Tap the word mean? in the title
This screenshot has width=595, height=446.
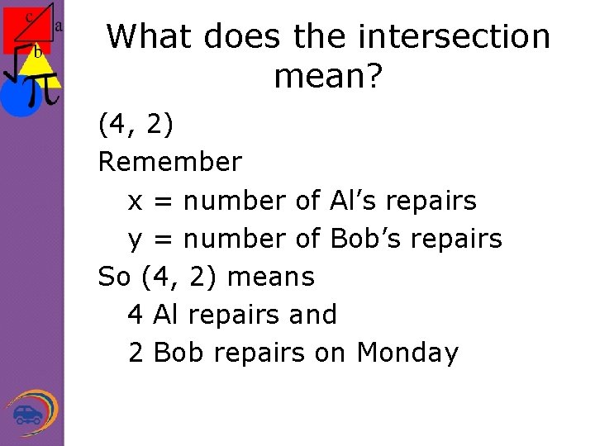coord(328,77)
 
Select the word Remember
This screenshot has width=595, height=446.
coord(170,162)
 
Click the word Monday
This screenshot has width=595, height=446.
coord(407,353)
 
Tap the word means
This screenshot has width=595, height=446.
coord(271,276)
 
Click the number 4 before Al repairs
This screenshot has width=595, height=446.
coord(136,315)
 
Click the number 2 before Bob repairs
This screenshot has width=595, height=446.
coord(136,353)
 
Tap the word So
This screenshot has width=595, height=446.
coord(116,276)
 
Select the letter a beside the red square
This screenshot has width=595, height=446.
coord(59,26)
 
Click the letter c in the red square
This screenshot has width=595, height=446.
coord(29,16)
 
